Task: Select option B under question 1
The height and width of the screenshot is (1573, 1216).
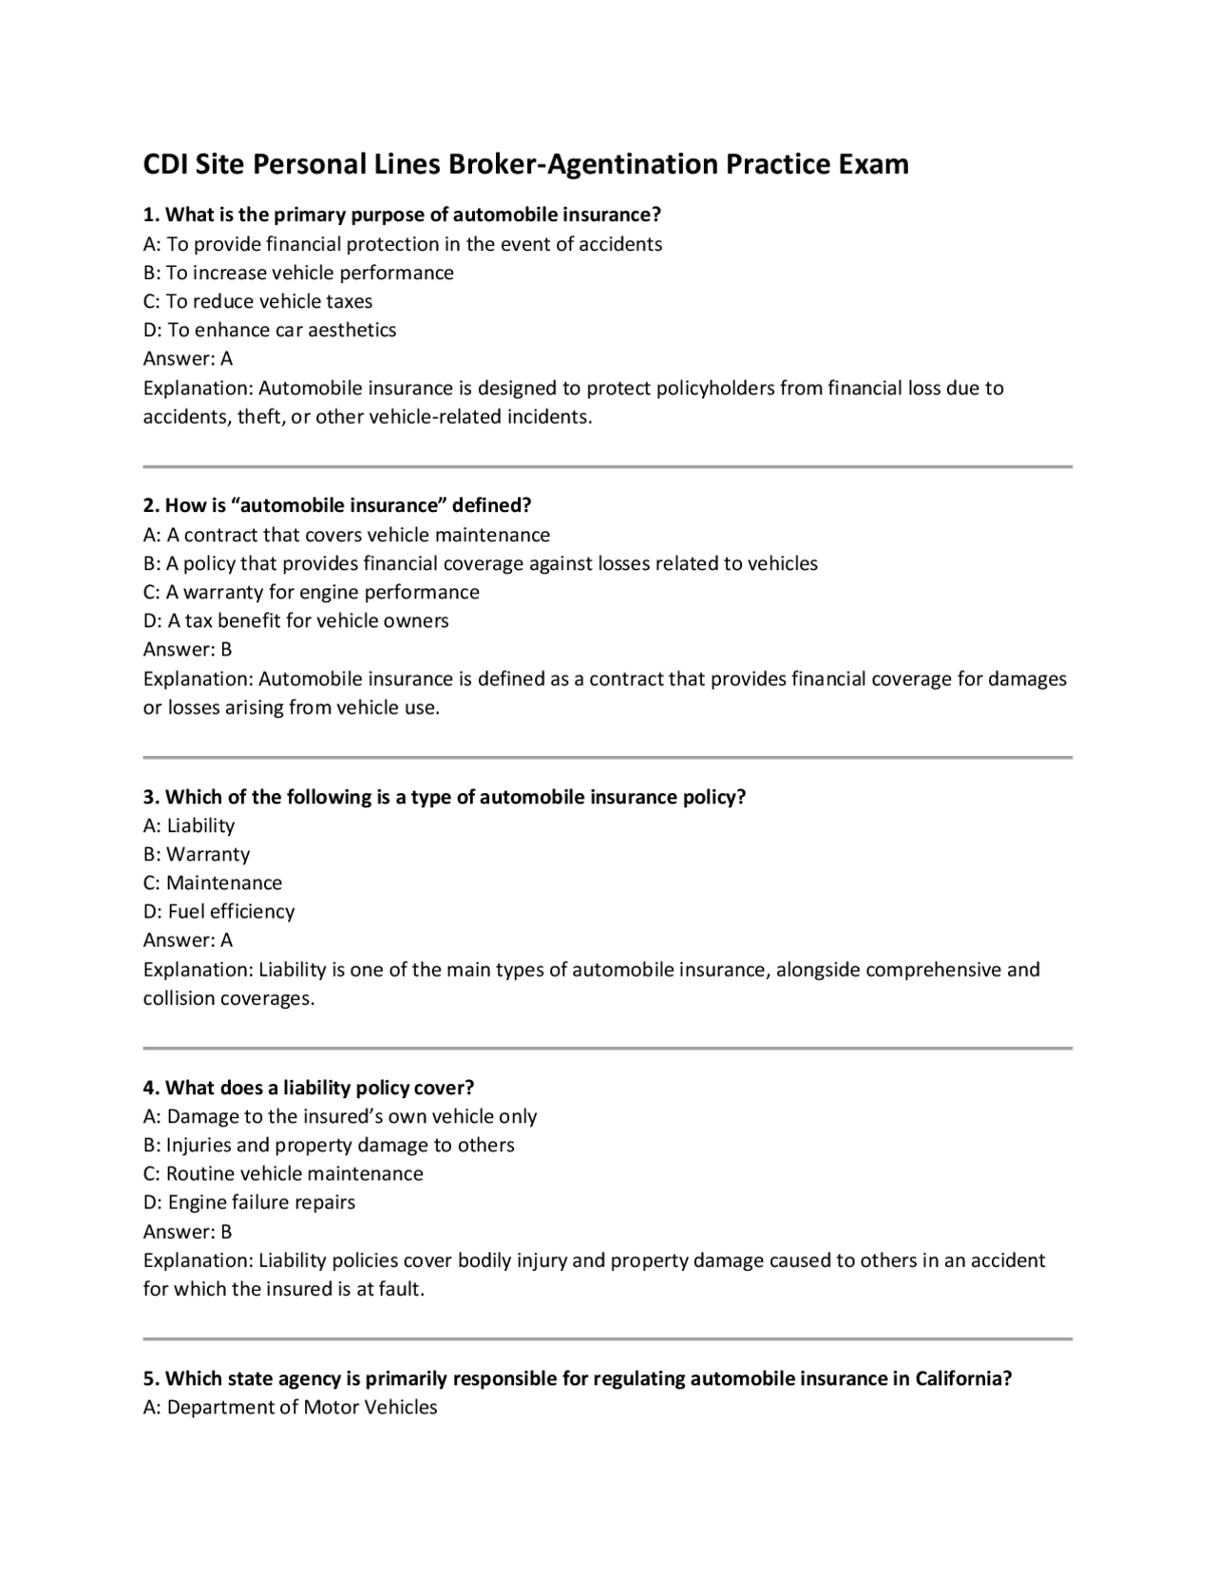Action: click(x=298, y=273)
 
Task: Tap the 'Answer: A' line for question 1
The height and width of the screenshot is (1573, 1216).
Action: click(x=187, y=358)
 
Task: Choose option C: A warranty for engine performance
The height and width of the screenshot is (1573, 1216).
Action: click(x=311, y=592)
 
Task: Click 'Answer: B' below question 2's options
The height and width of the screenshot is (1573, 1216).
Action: click(x=187, y=650)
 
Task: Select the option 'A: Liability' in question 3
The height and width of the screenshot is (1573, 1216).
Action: click(x=188, y=825)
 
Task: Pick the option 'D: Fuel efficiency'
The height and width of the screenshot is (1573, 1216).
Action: click(x=218, y=912)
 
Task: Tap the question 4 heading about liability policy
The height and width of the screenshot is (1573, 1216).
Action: click(x=308, y=1087)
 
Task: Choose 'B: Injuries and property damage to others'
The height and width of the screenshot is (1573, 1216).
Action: click(x=329, y=1145)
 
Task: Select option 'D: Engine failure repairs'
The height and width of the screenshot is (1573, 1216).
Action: click(x=249, y=1203)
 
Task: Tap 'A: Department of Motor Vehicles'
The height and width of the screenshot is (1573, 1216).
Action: click(x=290, y=1407)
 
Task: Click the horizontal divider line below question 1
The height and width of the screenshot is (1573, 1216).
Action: click(x=608, y=466)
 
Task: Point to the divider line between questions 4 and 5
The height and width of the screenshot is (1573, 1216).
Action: click(x=608, y=1339)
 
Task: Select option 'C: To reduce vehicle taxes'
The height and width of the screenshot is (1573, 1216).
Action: click(x=257, y=301)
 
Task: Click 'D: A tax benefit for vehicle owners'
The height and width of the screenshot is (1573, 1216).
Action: click(x=295, y=620)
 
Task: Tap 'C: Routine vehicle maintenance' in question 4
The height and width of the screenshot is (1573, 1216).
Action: click(x=283, y=1173)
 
